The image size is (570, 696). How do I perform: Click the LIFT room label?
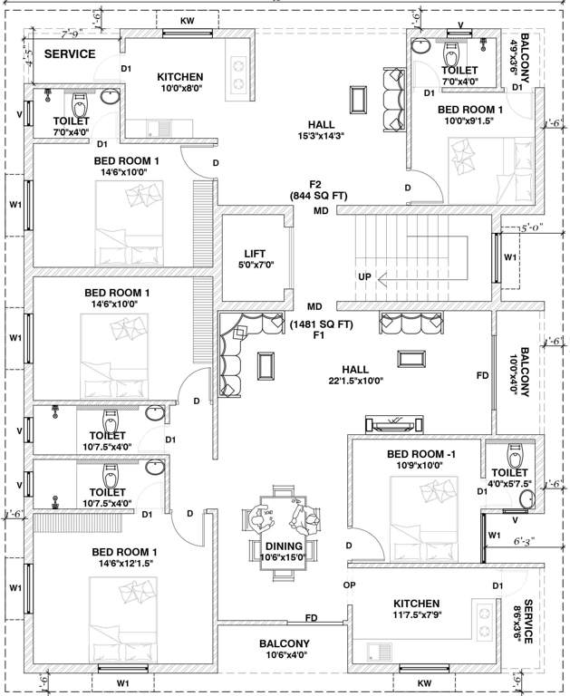coord(254,259)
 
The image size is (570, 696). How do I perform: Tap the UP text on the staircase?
coord(364,275)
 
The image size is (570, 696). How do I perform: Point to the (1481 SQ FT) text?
coord(321,324)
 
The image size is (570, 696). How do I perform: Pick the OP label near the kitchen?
coord(349,585)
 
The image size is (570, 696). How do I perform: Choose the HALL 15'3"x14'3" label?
coord(321,130)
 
